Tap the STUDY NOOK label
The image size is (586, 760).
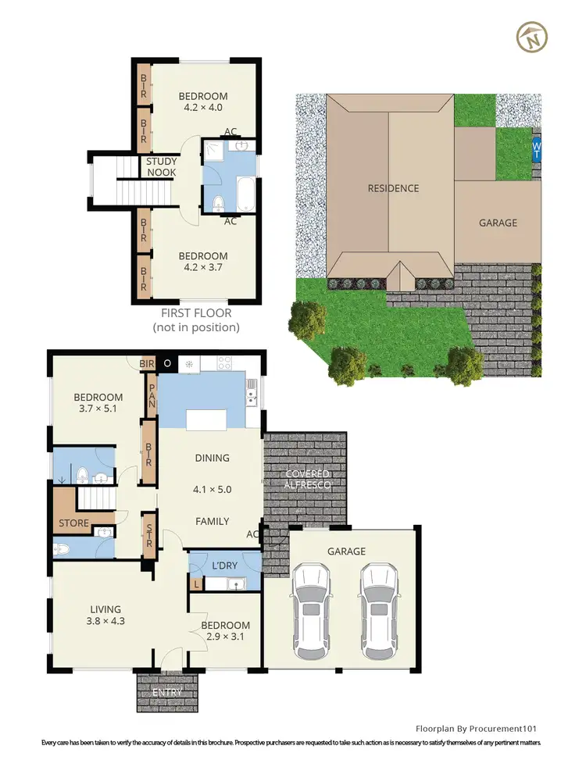coord(162,167)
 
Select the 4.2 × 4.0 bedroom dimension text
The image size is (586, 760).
coord(203,108)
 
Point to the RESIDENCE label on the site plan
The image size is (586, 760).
coord(394,188)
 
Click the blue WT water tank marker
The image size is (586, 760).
coord(536,148)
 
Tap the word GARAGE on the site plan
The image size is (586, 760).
coord(498,223)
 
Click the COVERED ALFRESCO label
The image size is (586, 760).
coord(307,480)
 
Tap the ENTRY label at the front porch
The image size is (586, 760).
coord(167,692)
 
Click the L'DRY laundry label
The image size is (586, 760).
coord(225,565)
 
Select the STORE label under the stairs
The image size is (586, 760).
coord(74,523)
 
